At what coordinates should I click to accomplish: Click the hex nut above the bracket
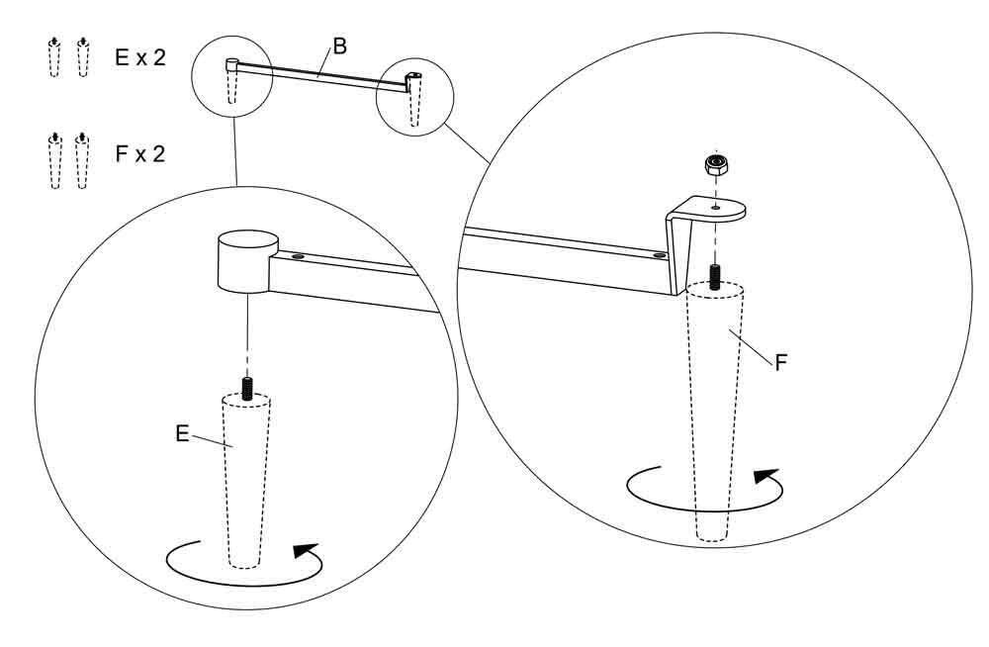pos(716,166)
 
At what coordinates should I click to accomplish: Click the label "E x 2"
pos(140,57)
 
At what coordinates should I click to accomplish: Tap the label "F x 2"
pos(140,153)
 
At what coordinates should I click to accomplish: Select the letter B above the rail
pos(339,46)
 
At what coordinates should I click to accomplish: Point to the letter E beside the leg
pos(182,433)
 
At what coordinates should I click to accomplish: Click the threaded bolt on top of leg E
pos(247,388)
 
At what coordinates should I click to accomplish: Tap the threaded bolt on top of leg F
pos(715,276)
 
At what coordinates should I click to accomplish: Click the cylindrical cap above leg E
pos(247,261)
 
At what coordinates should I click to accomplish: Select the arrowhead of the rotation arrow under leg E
pos(307,550)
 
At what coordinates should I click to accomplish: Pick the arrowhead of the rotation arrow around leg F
pos(767,475)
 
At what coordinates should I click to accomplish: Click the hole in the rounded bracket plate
pos(715,207)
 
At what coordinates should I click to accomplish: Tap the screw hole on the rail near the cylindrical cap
pos(297,257)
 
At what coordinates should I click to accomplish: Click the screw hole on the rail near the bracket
pos(659,255)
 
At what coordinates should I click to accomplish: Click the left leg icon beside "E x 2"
pos(54,57)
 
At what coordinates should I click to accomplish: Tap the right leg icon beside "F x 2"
pos(81,161)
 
